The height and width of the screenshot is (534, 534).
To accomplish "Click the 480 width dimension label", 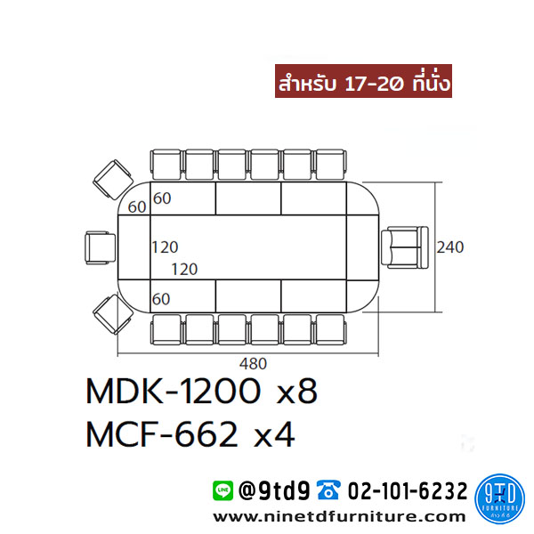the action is coord(253,364).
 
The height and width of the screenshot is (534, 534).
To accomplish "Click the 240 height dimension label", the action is coord(449,247).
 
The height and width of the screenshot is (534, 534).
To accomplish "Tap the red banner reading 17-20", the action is coord(363,81).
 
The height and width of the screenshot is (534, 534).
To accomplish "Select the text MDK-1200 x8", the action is coord(202,391).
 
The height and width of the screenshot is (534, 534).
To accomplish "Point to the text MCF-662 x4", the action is coord(190,434).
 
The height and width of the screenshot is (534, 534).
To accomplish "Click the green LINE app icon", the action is coord(223,490).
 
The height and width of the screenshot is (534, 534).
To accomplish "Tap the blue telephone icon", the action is coord(328,490).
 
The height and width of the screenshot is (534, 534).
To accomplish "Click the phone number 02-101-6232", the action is coord(408,490).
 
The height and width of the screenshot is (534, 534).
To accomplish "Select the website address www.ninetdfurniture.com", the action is coord(339,517).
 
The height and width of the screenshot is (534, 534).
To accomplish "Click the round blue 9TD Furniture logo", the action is coord(500,499).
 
